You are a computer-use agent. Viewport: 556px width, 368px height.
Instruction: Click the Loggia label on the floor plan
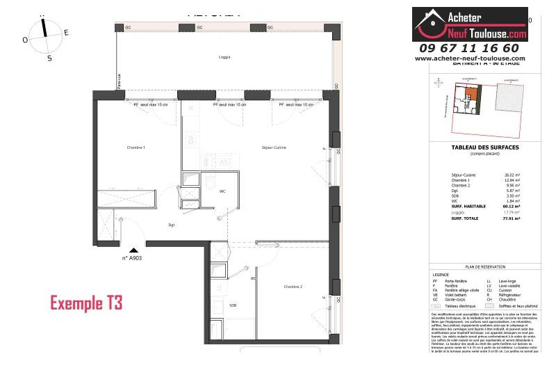pos(224,57)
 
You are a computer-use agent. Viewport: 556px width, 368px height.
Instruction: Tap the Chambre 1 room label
pos(136,147)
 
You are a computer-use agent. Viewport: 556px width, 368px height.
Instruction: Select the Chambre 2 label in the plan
pos(293,286)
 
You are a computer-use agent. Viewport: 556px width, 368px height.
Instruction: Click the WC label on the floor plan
pos(222,191)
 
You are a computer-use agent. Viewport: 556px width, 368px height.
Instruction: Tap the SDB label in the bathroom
pos(232,305)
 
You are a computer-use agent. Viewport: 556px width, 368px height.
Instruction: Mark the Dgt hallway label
pos(171,225)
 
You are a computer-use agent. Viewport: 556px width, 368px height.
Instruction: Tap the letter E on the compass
pos(66,32)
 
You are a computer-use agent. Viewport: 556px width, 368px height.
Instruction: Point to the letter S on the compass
pos(49,58)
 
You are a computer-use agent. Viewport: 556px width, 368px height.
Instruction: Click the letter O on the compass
pos(25,40)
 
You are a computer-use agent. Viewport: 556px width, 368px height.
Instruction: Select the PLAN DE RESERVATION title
pos(479,266)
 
